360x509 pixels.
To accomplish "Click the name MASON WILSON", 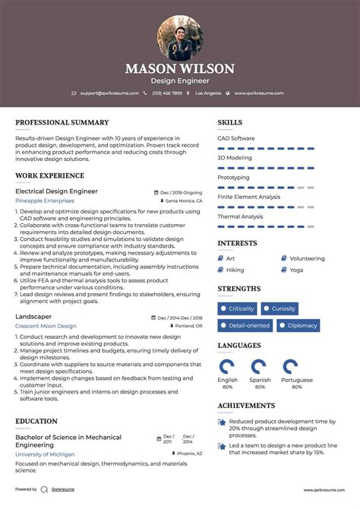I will click(x=180, y=68).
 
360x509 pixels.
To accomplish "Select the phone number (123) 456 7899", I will click(x=167, y=93).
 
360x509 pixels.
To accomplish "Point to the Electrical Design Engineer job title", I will click(x=56, y=191).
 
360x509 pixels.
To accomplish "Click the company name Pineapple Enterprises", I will click(x=46, y=201).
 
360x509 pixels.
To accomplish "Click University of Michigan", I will click(x=44, y=454).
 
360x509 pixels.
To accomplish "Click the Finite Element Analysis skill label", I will click(x=248, y=197).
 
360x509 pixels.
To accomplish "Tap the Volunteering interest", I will click(x=307, y=258).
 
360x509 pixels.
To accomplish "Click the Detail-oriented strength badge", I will click(x=245, y=325).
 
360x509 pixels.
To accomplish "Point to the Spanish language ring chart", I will click(x=259, y=366).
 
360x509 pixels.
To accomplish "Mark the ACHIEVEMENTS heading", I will click(x=246, y=406).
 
